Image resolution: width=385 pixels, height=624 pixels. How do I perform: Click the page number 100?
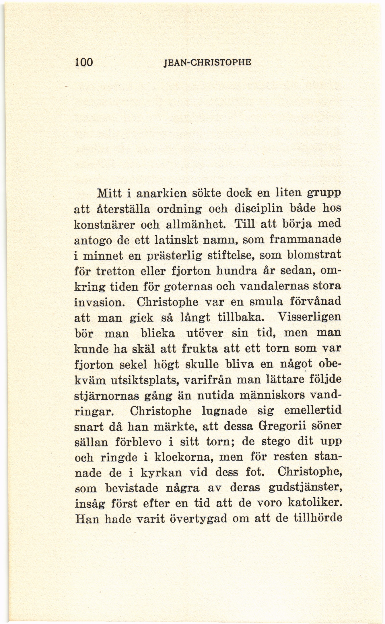[x=84, y=62]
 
